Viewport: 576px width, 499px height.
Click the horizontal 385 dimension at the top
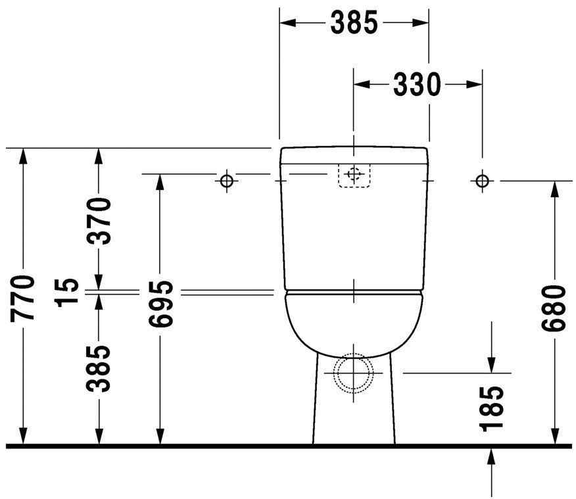pyautogui.click(x=354, y=23)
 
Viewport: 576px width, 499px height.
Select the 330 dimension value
pyautogui.click(x=417, y=84)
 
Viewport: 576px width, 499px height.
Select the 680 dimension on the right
pyautogui.click(x=554, y=309)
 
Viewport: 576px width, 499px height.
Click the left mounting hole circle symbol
pyautogui.click(x=226, y=180)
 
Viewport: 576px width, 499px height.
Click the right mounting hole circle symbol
pyautogui.click(x=482, y=180)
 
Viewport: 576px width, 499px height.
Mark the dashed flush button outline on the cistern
pyautogui.click(x=354, y=175)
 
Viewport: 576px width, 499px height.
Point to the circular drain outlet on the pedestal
pyautogui.click(x=354, y=373)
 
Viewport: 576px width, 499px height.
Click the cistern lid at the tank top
pyautogui.click(x=354, y=156)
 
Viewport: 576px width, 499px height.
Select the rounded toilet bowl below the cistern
pyautogui.click(x=354, y=322)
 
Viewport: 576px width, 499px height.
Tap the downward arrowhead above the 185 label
pyautogui.click(x=492, y=364)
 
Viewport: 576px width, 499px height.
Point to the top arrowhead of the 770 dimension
pyautogui.click(x=23, y=156)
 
